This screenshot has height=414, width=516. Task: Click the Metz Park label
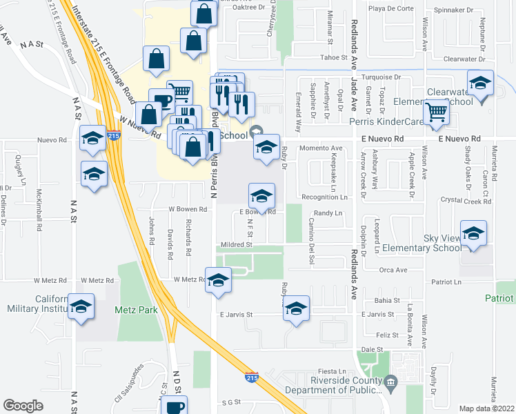click(137, 310)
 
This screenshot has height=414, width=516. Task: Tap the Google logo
click(23, 406)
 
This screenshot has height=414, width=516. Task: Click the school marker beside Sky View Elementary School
click(473, 235)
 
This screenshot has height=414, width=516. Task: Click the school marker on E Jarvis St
click(296, 309)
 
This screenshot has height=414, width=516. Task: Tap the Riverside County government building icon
click(390, 381)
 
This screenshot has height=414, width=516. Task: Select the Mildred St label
click(237, 244)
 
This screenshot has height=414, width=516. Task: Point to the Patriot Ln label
click(446, 282)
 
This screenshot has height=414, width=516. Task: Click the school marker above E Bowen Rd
click(261, 197)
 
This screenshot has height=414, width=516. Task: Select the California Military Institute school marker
click(81, 307)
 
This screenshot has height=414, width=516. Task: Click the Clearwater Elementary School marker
click(480, 84)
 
